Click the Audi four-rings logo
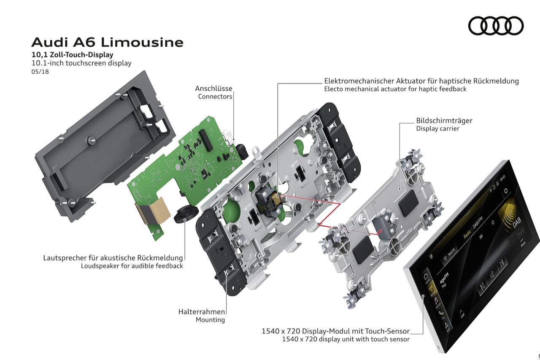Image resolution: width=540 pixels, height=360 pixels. coord(496,26)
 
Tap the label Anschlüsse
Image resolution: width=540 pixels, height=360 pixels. coord(213,89)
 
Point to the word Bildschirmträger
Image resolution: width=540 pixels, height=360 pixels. coord(444,121)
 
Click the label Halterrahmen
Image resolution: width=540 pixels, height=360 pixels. coord(202,312)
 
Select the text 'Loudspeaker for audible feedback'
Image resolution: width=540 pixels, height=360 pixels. coord(132,266)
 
